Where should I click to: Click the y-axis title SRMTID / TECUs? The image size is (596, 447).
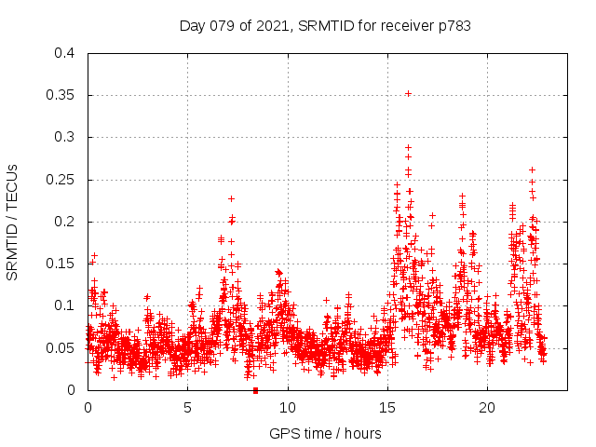12,222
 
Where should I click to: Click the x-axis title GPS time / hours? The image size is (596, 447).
325,433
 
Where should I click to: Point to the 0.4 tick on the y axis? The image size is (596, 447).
64,53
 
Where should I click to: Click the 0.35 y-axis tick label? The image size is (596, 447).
61,95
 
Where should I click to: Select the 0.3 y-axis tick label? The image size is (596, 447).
64,137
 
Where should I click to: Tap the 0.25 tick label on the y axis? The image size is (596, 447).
61,180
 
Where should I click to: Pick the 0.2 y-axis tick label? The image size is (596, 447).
64,222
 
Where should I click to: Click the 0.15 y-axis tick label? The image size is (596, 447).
61,264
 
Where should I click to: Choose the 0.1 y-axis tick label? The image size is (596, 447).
64,305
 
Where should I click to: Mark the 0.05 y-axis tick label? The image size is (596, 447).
61,348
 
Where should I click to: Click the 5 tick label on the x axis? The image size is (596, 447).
187,408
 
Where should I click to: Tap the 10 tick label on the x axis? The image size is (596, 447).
287,408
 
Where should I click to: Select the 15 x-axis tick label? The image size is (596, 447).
386,408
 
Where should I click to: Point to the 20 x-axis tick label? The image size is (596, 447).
486,408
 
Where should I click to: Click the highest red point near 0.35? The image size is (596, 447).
408,93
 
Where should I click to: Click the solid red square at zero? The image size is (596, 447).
255,390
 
